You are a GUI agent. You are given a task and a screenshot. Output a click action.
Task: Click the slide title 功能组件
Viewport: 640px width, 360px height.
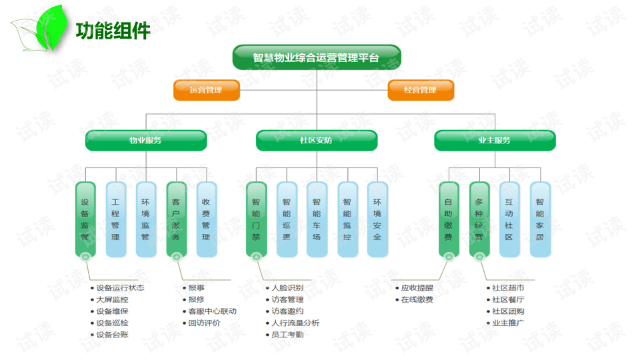[x=113, y=31]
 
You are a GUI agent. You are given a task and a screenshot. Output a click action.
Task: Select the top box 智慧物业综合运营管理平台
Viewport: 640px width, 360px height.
[x=317, y=57]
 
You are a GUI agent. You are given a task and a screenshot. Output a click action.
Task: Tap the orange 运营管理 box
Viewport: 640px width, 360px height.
[x=207, y=90]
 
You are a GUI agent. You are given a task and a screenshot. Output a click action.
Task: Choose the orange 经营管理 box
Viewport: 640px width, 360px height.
[x=421, y=90]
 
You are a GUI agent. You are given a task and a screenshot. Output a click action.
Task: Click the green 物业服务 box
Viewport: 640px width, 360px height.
[x=146, y=141]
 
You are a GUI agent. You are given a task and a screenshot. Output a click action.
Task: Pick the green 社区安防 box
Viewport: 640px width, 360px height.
[x=317, y=141]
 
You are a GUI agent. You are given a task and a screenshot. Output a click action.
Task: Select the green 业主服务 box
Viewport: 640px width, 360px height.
[x=495, y=141]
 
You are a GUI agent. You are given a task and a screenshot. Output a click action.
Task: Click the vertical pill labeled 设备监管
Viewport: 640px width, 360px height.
[x=85, y=219]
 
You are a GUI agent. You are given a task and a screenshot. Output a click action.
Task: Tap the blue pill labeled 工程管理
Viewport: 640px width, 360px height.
[x=116, y=219]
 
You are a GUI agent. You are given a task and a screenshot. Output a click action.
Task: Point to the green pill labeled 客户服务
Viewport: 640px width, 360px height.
[x=176, y=219]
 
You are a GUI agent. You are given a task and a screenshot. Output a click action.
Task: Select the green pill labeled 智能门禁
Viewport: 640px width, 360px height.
[x=256, y=219]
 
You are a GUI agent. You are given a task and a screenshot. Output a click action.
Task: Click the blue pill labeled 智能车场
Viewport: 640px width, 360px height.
[x=317, y=219]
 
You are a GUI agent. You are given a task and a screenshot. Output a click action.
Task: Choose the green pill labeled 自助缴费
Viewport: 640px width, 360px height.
[x=449, y=219]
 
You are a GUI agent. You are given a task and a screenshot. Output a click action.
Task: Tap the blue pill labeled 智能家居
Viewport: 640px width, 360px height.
[x=541, y=219]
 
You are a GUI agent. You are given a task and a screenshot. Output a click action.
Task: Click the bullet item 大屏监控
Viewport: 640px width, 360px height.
[x=109, y=299]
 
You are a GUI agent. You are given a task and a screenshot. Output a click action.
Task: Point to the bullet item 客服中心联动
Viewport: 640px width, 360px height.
[x=210, y=311]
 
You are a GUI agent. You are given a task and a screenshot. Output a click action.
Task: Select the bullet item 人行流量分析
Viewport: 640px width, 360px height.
[x=293, y=323]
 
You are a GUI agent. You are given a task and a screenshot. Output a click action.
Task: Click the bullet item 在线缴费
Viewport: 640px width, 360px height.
[x=414, y=299]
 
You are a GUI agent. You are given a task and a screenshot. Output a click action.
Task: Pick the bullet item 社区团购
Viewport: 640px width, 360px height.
[x=505, y=311]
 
